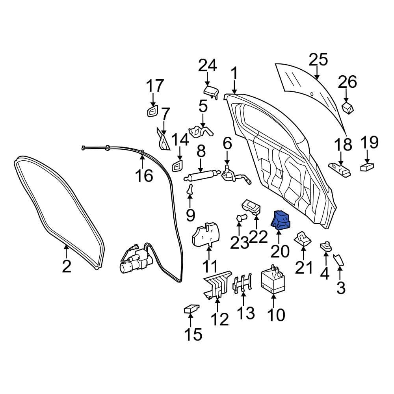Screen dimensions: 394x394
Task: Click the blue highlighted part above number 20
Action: (x=280, y=219)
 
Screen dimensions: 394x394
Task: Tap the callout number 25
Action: (x=318, y=60)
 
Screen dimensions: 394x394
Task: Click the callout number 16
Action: (x=144, y=175)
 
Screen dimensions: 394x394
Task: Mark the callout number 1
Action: (x=234, y=74)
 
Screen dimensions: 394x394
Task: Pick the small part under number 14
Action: (x=178, y=166)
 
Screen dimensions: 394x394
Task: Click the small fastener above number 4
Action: (x=326, y=247)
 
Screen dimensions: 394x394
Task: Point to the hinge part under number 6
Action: (x=232, y=175)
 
